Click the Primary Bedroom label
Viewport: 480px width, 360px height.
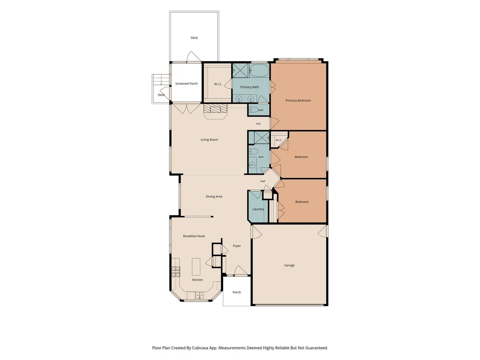[x=298, y=101]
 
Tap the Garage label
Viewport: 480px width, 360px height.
[x=289, y=266]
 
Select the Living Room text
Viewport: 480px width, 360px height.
[x=209, y=139]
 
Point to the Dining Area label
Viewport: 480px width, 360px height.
[x=214, y=197]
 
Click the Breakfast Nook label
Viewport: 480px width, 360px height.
[x=194, y=236]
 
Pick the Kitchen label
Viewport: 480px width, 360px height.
[x=198, y=280]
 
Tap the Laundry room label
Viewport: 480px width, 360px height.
[x=258, y=209]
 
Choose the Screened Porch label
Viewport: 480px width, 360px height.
[x=186, y=84]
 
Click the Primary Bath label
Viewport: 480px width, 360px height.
[x=250, y=87]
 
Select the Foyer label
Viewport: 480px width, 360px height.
[x=237, y=246]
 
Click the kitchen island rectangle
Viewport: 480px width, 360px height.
[x=196, y=266]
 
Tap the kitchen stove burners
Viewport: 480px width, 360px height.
[x=176, y=272]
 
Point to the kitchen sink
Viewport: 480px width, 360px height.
[x=200, y=295]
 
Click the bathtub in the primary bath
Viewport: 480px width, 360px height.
[x=259, y=70]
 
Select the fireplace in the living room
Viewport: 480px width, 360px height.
[x=215, y=111]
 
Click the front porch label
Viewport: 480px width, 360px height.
[x=237, y=292]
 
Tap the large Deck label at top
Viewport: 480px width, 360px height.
[x=195, y=38]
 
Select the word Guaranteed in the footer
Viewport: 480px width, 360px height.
[x=316, y=348]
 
